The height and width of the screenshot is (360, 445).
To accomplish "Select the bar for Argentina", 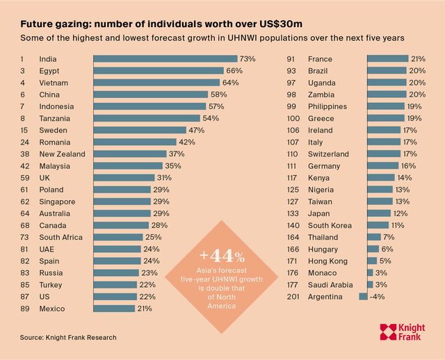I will [x=363, y=297].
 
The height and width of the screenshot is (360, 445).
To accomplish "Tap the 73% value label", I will [x=248, y=59].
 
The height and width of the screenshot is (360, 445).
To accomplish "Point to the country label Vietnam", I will [x=53, y=83].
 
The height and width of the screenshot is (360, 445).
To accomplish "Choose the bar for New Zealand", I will [x=129, y=154].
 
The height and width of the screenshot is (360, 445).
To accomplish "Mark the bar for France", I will [x=387, y=59].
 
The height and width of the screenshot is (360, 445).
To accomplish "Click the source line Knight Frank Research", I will [x=68, y=337].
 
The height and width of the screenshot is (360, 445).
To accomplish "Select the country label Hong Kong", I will [x=327, y=261].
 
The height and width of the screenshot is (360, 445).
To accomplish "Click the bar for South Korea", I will [x=378, y=225].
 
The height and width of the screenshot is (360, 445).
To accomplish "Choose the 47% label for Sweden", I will [x=197, y=130].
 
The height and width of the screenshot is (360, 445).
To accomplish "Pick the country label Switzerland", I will [x=330, y=154].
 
